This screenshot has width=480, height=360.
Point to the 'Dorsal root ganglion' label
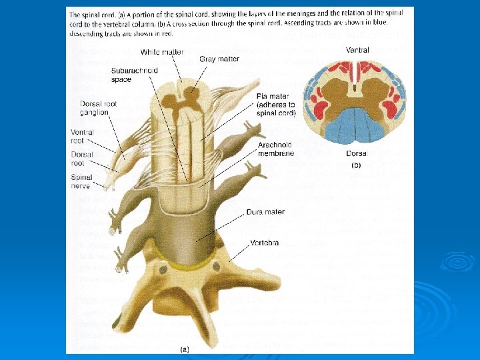click(x=94, y=108)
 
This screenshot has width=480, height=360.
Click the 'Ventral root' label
click(x=82, y=137)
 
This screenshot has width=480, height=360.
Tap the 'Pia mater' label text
click(x=275, y=105)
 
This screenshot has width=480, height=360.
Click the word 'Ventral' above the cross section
click(x=358, y=50)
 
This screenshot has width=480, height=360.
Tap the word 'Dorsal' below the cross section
click(x=357, y=153)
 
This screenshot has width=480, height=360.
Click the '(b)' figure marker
click(x=357, y=165)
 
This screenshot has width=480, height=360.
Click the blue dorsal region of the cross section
click(x=357, y=126)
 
